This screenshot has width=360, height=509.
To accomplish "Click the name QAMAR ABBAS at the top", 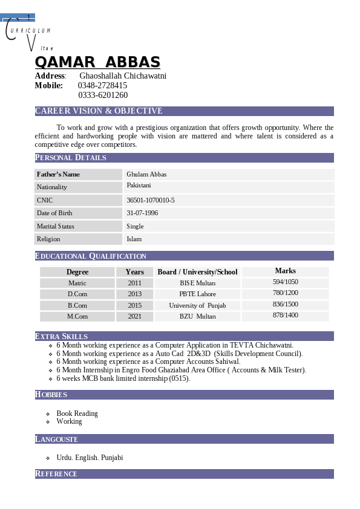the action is pyautogui.click(x=97, y=62).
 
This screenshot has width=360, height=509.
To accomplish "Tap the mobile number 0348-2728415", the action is pyautogui.click(x=102, y=85).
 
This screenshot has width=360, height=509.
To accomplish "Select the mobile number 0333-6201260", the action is pyautogui.click(x=103, y=95).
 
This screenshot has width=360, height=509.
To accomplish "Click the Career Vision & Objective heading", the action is pyautogui.click(x=99, y=111).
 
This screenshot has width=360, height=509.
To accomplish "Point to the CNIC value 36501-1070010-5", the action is pyautogui.click(x=150, y=200).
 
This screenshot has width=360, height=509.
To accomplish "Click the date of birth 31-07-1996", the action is pyautogui.click(x=142, y=213).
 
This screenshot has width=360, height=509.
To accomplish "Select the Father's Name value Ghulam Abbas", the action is pyautogui.click(x=146, y=174).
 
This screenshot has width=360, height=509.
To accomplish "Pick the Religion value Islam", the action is pyautogui.click(x=134, y=239).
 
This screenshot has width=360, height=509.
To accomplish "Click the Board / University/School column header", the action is pyautogui.click(x=197, y=272).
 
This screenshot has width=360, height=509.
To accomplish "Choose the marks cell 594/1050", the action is pyautogui.click(x=285, y=282).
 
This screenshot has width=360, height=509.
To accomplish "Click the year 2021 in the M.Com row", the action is pyautogui.click(x=134, y=316).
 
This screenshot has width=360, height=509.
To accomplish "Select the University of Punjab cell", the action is pyautogui.click(x=197, y=305).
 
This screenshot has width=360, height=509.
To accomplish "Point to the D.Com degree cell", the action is pyautogui.click(x=77, y=294).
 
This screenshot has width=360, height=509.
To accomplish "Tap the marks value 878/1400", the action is pyautogui.click(x=285, y=316).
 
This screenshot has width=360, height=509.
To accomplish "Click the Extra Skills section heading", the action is pyautogui.click(x=62, y=336).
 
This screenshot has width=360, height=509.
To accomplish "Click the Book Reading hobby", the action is pyautogui.click(x=77, y=413).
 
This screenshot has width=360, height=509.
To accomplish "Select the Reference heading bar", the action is pyautogui.click(x=184, y=474).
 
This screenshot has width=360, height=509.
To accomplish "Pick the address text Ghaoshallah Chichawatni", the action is pyautogui.click(x=123, y=76).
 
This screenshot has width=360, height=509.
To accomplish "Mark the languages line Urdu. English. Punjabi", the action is pyautogui.click(x=90, y=458).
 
